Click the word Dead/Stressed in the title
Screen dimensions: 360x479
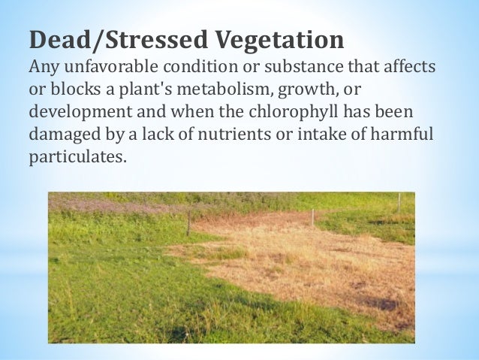98,39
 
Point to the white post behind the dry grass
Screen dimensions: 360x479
312,217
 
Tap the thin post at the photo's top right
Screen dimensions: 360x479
399,201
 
